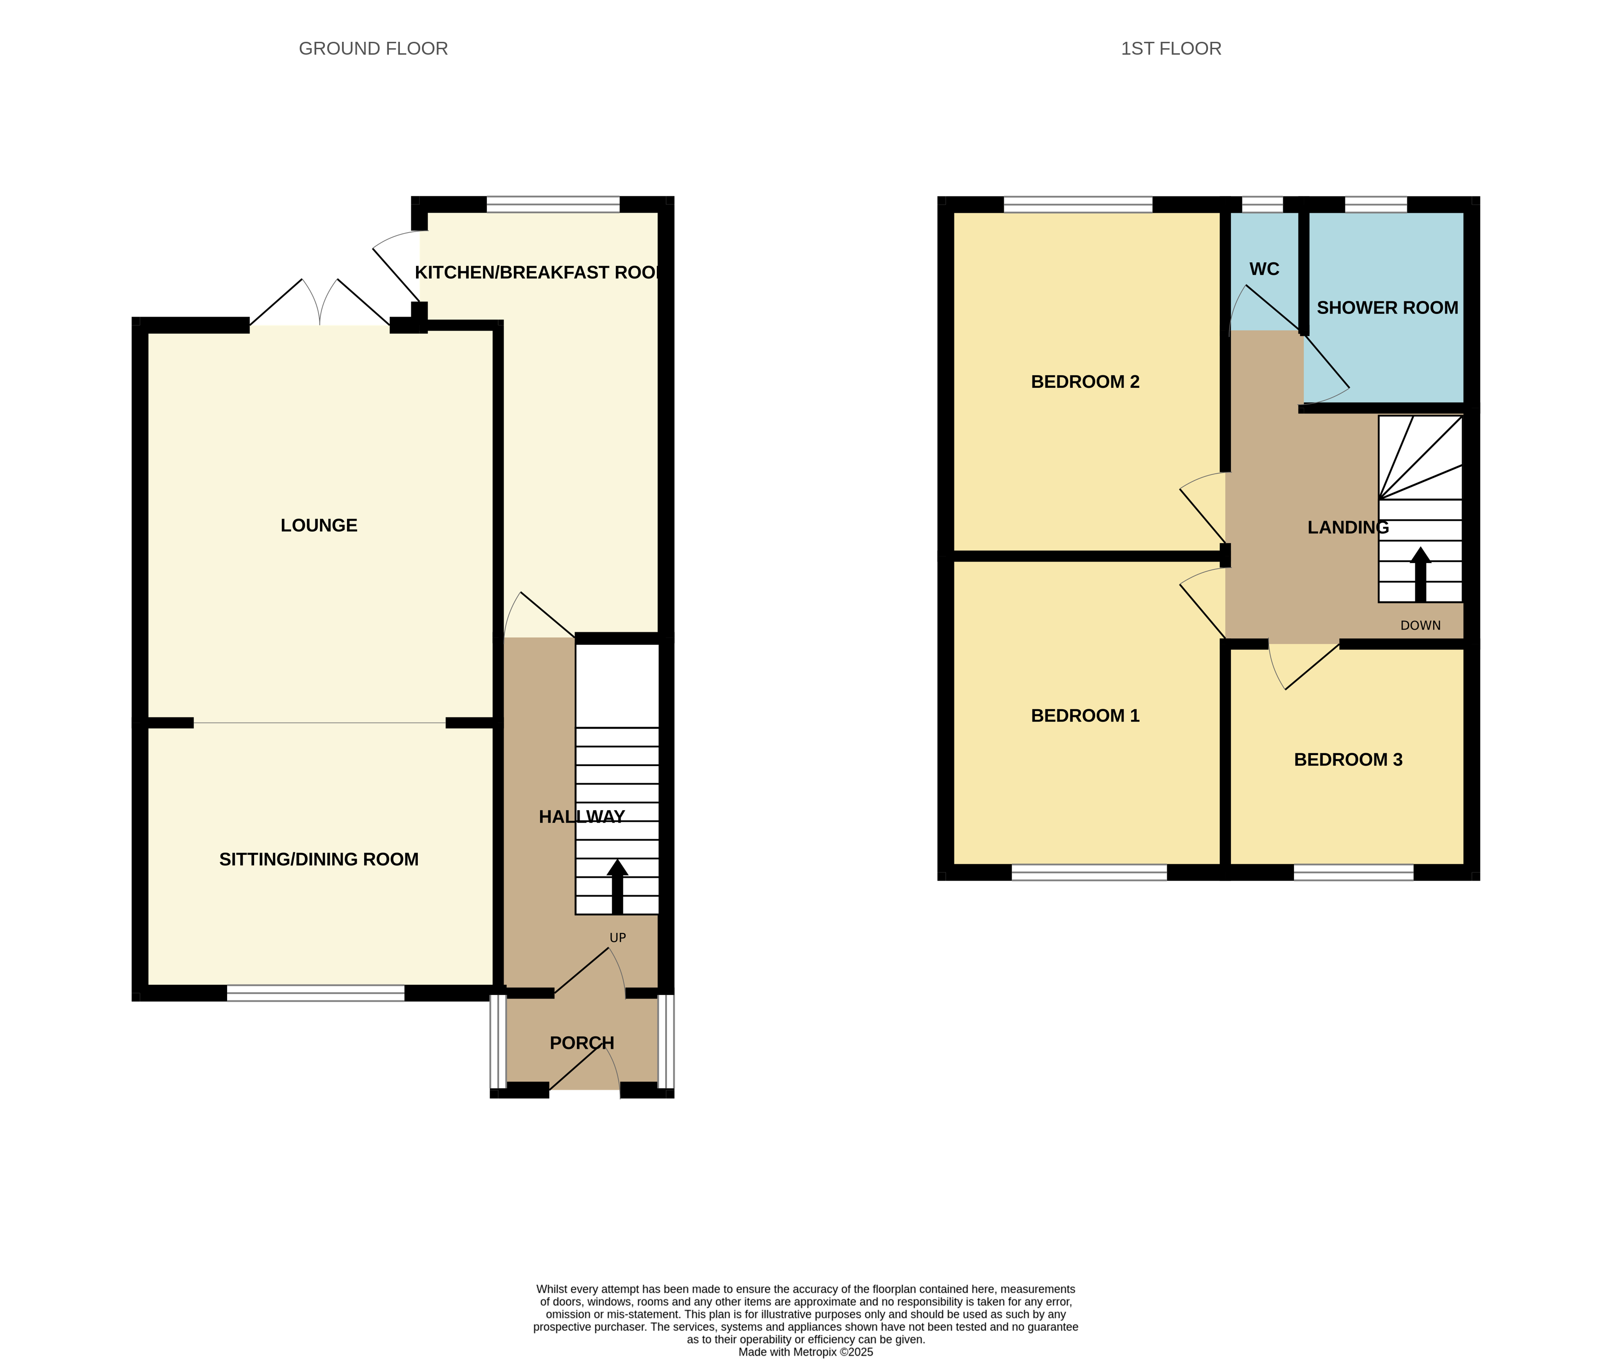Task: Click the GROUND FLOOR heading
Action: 373,49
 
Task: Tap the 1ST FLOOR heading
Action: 1170,49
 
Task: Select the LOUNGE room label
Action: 319,525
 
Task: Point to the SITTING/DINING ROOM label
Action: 319,859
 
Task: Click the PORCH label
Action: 582,1042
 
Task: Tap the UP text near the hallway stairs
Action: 618,938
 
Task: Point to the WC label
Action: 1264,269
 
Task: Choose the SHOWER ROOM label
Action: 1387,307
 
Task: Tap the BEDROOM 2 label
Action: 1085,381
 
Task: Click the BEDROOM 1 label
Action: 1085,716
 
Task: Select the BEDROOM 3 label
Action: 1348,760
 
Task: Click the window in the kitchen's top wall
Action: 553,204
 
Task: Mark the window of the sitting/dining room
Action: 316,993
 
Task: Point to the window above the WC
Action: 1262,204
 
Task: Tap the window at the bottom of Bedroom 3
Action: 1354,872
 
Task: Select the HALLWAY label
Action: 582,817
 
